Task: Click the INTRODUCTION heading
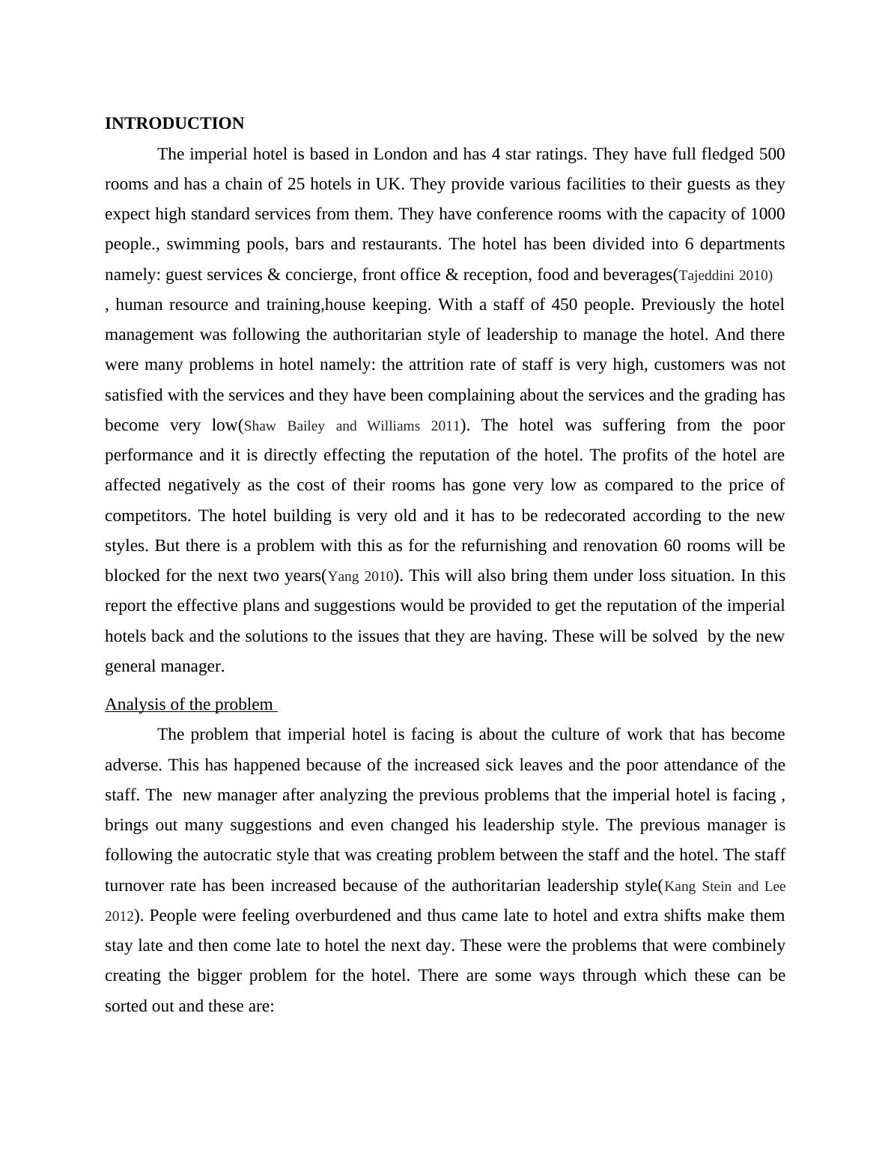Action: point(174,124)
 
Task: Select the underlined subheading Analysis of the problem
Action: point(189,705)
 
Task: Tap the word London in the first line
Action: point(401,154)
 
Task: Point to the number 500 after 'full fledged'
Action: point(772,154)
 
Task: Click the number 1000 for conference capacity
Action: point(767,214)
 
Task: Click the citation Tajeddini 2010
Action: point(724,276)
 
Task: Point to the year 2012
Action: point(119,916)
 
